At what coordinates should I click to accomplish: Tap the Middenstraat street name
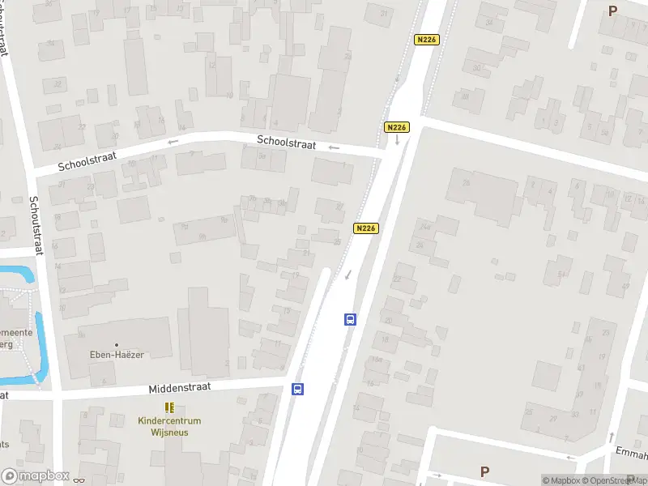179,388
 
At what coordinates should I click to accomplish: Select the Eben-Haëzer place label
117,354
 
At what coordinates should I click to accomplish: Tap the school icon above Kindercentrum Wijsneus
169,407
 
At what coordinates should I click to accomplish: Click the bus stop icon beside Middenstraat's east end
298,389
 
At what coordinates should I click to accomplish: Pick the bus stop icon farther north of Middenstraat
350,319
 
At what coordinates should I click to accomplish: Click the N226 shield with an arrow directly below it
396,127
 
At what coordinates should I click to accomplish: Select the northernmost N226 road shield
426,40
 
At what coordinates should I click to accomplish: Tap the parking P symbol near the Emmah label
484,471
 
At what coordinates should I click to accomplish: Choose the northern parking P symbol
612,11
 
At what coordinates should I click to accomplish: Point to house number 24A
425,225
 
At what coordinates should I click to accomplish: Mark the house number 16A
377,359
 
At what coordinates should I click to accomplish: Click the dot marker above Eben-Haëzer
117,345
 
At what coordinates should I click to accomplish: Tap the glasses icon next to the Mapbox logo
79,480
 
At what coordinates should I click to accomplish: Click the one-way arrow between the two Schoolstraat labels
173,142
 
